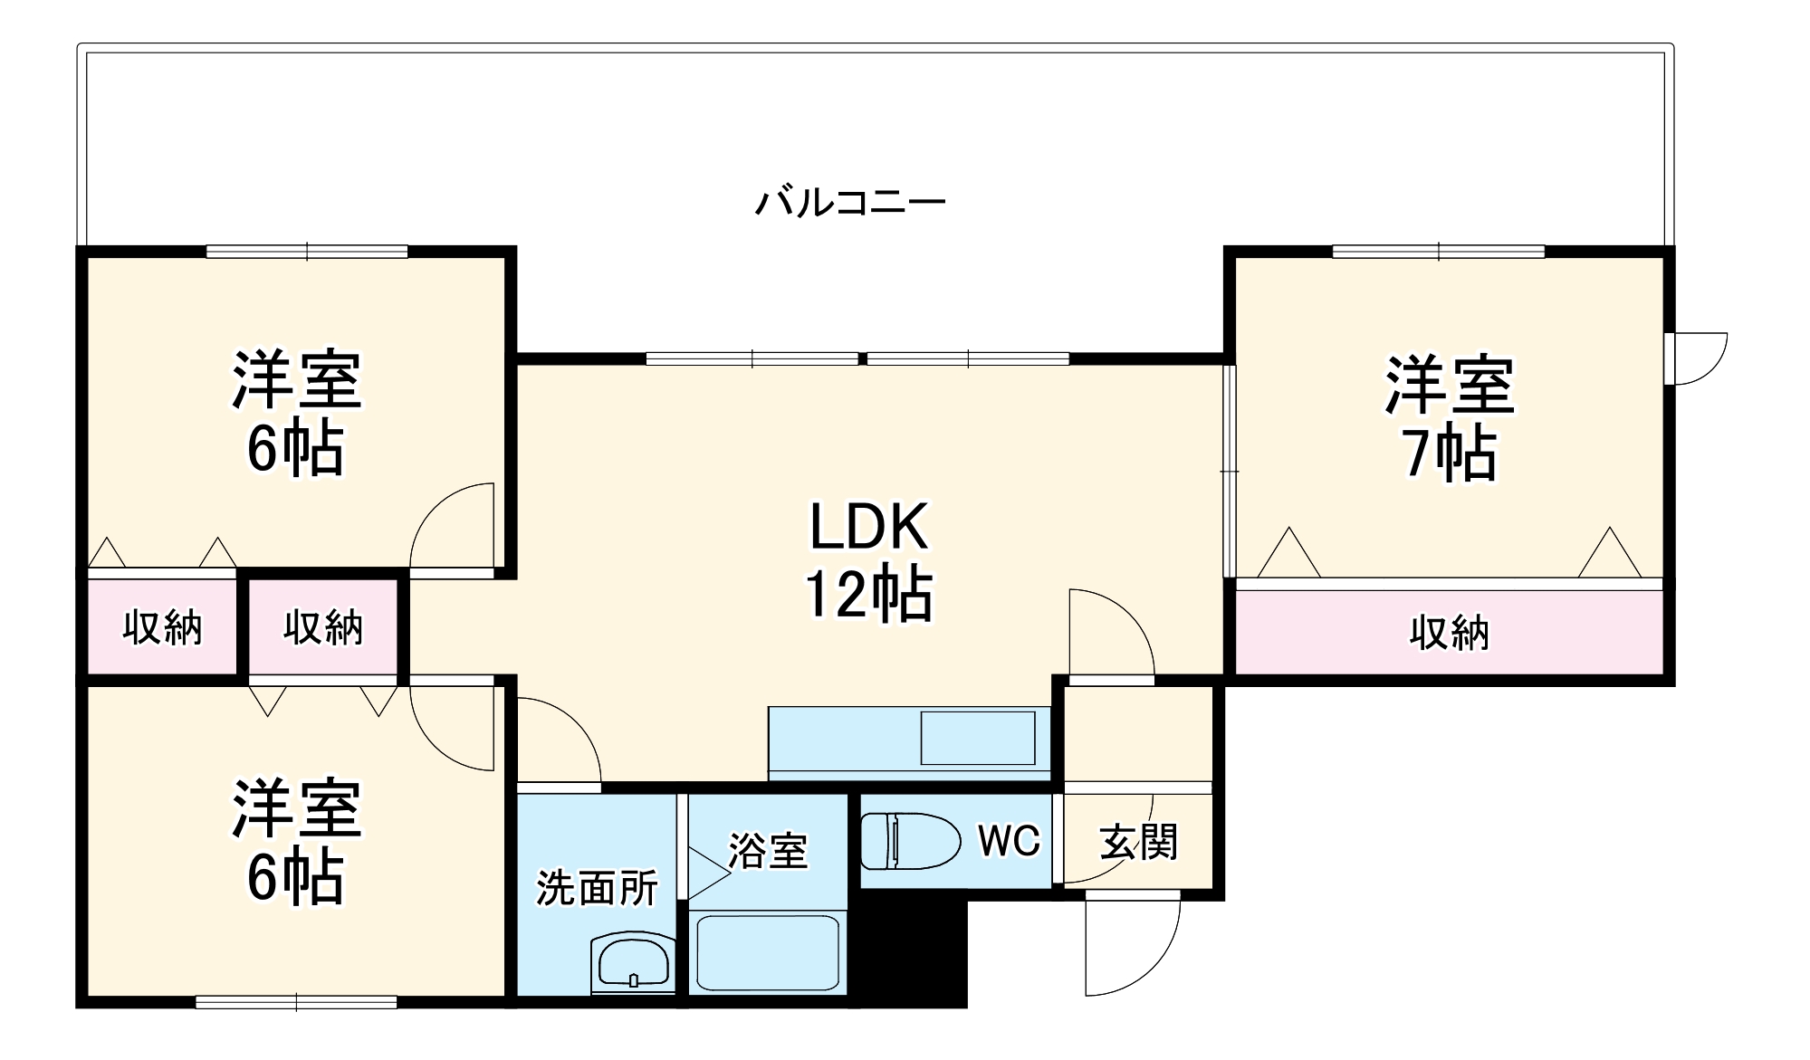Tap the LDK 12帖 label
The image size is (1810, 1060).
(868, 561)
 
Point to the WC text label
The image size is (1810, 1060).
(1009, 842)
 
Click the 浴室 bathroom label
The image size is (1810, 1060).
(768, 851)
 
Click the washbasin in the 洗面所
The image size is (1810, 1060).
(633, 962)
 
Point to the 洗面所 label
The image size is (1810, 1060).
(597, 889)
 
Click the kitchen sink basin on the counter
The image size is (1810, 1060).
(977, 738)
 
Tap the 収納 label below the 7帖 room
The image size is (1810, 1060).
(1449, 633)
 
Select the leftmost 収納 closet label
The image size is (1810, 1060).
(162, 627)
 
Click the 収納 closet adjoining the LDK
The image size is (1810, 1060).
(323, 627)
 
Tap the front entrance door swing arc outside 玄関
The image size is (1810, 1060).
(1132, 946)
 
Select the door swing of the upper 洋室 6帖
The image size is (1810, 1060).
(453, 530)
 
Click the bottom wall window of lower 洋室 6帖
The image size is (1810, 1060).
(296, 1002)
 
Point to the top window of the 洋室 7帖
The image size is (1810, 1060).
(1438, 252)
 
